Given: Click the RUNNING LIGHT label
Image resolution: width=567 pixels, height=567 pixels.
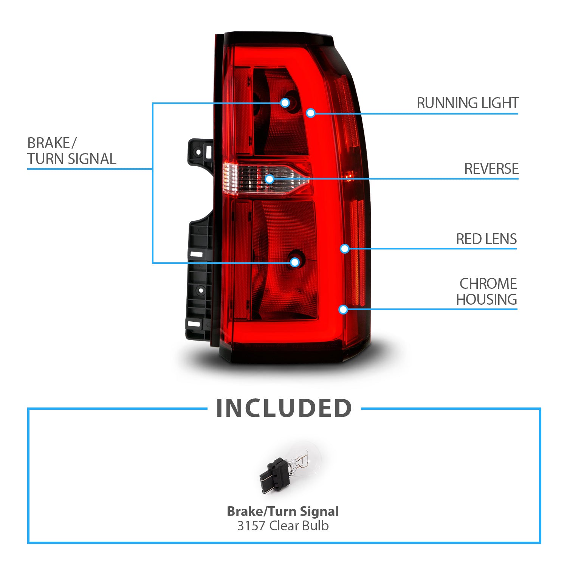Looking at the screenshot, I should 468,103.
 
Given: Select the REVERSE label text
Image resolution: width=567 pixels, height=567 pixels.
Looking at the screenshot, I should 491,169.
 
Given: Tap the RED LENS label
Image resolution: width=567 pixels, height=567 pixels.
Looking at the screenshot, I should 486,239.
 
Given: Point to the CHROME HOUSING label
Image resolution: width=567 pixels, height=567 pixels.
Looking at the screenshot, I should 486,291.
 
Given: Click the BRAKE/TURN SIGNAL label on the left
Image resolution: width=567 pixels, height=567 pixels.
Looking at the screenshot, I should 71,151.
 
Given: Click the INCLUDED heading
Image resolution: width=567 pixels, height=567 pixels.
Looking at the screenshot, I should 284,409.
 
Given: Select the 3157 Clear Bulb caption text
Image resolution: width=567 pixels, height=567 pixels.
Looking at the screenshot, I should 283,526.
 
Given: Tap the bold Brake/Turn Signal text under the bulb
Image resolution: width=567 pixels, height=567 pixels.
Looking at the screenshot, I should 283,511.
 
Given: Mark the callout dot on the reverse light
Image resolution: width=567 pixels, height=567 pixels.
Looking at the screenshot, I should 270,179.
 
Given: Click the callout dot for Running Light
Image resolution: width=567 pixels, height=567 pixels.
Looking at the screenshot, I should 311,113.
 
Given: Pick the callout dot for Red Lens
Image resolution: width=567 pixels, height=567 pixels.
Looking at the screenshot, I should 344,248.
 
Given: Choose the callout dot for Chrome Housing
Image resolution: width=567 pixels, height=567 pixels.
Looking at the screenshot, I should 343,310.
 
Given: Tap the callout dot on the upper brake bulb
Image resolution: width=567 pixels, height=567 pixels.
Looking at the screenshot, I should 285,102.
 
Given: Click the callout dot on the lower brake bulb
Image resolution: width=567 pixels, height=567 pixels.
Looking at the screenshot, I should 295,262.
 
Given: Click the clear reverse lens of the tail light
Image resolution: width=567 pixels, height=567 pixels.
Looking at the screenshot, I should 249,178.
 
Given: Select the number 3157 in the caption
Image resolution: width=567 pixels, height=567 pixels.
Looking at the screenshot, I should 251,526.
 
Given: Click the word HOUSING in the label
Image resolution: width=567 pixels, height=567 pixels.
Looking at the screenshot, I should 486,299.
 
